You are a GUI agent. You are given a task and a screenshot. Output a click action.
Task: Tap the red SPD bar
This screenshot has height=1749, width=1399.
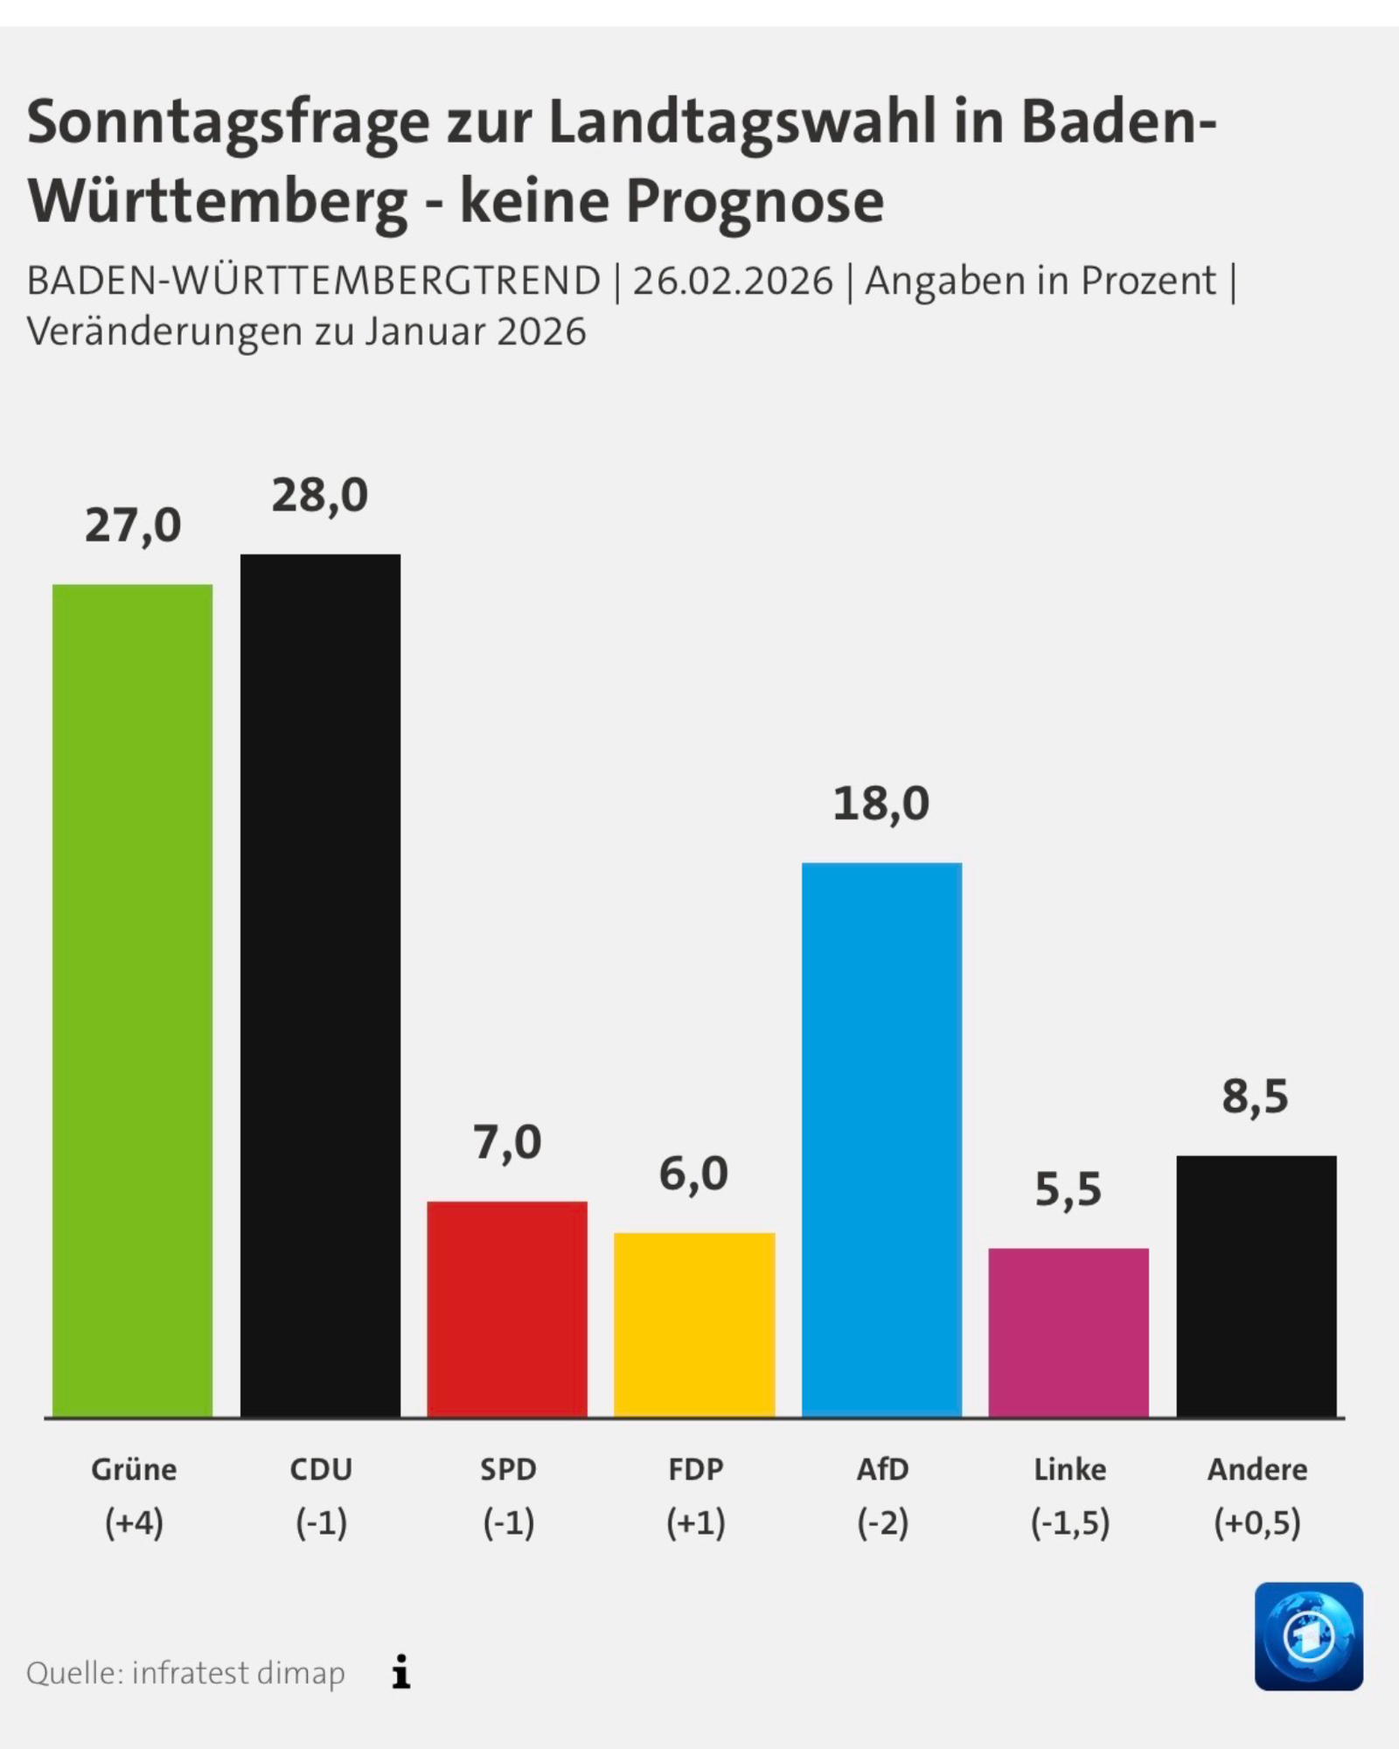click(507, 1308)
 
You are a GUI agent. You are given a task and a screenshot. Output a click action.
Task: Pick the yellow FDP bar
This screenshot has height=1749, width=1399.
click(694, 1324)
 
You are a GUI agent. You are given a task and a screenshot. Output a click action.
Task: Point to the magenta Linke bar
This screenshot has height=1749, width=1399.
click(1068, 1332)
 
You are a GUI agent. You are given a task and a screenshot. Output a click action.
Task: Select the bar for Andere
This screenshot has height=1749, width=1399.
click(1256, 1286)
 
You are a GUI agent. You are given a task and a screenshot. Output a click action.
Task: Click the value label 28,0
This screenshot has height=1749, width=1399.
click(320, 496)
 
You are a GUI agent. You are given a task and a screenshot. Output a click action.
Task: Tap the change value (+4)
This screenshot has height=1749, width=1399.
click(134, 1524)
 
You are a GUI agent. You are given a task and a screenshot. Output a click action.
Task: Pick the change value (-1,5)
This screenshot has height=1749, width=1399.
click(1069, 1524)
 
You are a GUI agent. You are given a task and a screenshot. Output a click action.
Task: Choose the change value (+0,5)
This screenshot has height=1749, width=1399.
click(1256, 1524)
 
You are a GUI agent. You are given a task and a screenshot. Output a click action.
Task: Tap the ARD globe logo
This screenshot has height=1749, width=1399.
click(1308, 1636)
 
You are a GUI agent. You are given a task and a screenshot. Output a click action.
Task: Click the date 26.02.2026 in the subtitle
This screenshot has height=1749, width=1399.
click(733, 282)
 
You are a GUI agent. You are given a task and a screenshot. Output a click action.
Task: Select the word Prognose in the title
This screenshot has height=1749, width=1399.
click(755, 202)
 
